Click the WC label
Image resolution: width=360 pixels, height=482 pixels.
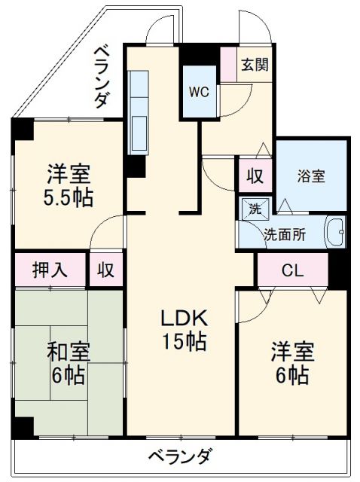click(x=199, y=92)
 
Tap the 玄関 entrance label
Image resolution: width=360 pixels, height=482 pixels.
click(x=254, y=65)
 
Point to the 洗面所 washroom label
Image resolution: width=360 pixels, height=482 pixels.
click(x=284, y=234)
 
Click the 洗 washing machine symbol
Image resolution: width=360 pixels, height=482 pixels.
click(x=250, y=208)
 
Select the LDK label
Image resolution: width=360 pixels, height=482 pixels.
click(x=182, y=318)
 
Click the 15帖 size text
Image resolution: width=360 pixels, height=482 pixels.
click(x=182, y=342)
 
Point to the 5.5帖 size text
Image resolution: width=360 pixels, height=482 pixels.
click(x=68, y=199)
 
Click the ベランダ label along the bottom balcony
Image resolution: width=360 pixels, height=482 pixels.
click(x=179, y=457)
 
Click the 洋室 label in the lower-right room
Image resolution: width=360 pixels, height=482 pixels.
click(x=293, y=352)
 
